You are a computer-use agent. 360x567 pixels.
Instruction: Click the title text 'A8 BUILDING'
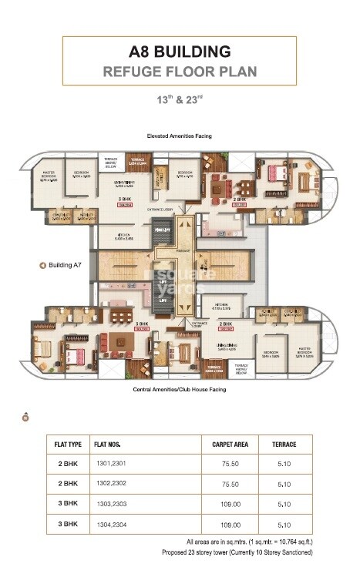coord(180,52)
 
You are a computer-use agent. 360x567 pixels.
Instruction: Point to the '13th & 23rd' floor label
coord(180,99)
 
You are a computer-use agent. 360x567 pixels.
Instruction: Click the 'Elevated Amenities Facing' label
coord(180,136)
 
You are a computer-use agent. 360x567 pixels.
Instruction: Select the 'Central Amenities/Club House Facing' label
coord(180,390)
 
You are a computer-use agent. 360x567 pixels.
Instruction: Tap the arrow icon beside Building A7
coord(42,265)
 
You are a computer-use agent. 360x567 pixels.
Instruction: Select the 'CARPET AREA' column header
coord(228,445)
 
